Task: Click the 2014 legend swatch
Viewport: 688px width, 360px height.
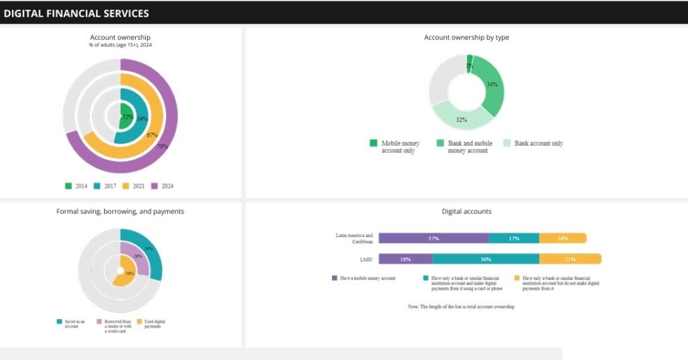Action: (x=69, y=185)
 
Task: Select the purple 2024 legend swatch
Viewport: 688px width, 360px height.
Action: (x=155, y=185)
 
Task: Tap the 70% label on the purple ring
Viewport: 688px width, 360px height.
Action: (x=162, y=146)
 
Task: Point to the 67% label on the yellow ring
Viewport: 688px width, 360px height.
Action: (x=152, y=135)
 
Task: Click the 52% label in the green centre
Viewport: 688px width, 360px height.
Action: (x=127, y=118)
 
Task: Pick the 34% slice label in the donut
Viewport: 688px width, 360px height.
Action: (x=492, y=85)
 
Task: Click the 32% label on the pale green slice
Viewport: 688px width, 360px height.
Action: (x=462, y=120)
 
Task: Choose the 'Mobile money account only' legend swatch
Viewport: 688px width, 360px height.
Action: (x=374, y=143)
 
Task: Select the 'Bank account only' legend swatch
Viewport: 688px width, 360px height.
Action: (x=507, y=143)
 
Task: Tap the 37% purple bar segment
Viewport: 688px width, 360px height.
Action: (x=433, y=238)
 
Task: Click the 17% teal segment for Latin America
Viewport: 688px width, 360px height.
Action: (x=513, y=238)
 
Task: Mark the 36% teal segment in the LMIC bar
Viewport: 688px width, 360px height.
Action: (x=485, y=259)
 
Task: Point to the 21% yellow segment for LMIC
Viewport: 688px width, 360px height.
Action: (x=570, y=259)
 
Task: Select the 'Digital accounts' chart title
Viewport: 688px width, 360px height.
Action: (x=466, y=212)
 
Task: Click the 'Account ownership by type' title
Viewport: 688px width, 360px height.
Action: (x=466, y=38)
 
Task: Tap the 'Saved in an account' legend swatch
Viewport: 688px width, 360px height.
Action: (x=60, y=322)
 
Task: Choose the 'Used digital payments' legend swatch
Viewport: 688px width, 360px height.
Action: (x=140, y=322)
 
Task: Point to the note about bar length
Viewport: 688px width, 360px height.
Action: (x=461, y=306)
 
